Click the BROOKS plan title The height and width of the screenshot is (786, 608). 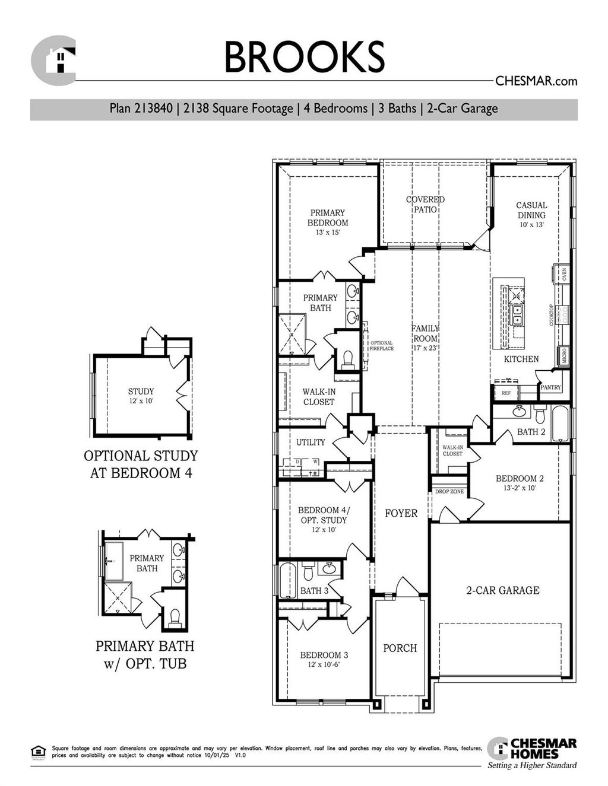tap(304, 57)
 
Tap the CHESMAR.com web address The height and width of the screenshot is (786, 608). tap(536, 81)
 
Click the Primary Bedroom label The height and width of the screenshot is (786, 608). tap(328, 218)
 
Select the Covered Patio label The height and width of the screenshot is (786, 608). tap(425, 205)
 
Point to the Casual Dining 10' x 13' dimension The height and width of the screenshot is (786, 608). tap(531, 225)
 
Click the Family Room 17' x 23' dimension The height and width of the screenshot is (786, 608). tap(425, 348)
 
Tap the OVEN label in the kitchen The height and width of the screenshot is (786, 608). tap(564, 274)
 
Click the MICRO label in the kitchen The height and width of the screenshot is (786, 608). tap(563, 356)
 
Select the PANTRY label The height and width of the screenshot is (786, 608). tap(550, 387)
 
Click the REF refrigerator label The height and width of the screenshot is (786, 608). tap(506, 393)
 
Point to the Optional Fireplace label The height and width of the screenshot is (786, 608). tap(381, 346)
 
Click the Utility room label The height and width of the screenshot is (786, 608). tap(311, 443)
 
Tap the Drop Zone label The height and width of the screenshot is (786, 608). tap(449, 492)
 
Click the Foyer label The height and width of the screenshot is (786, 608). tap(401, 513)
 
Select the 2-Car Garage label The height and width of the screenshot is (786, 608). tap(502, 590)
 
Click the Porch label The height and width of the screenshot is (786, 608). tap(400, 648)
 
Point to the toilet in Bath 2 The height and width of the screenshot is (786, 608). tap(540, 413)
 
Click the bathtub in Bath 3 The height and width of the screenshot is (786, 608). tap(288, 581)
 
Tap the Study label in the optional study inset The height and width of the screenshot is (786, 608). tap(141, 392)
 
